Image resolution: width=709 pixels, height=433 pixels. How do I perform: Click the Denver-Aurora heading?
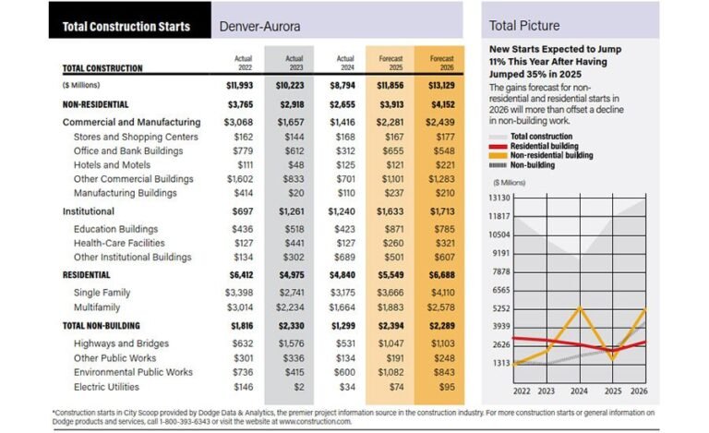pyautogui.click(x=260, y=26)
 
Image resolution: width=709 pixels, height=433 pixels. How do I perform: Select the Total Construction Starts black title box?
pyautogui.click(x=126, y=26)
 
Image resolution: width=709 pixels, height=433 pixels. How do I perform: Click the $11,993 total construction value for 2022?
pyautogui.click(x=238, y=86)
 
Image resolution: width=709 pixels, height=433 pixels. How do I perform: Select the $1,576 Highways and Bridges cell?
pyautogui.click(x=290, y=343)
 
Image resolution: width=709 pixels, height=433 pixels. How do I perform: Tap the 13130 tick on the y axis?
pyautogui.click(x=499, y=198)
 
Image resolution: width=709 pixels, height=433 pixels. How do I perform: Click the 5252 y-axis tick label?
pyautogui.click(x=499, y=307)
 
